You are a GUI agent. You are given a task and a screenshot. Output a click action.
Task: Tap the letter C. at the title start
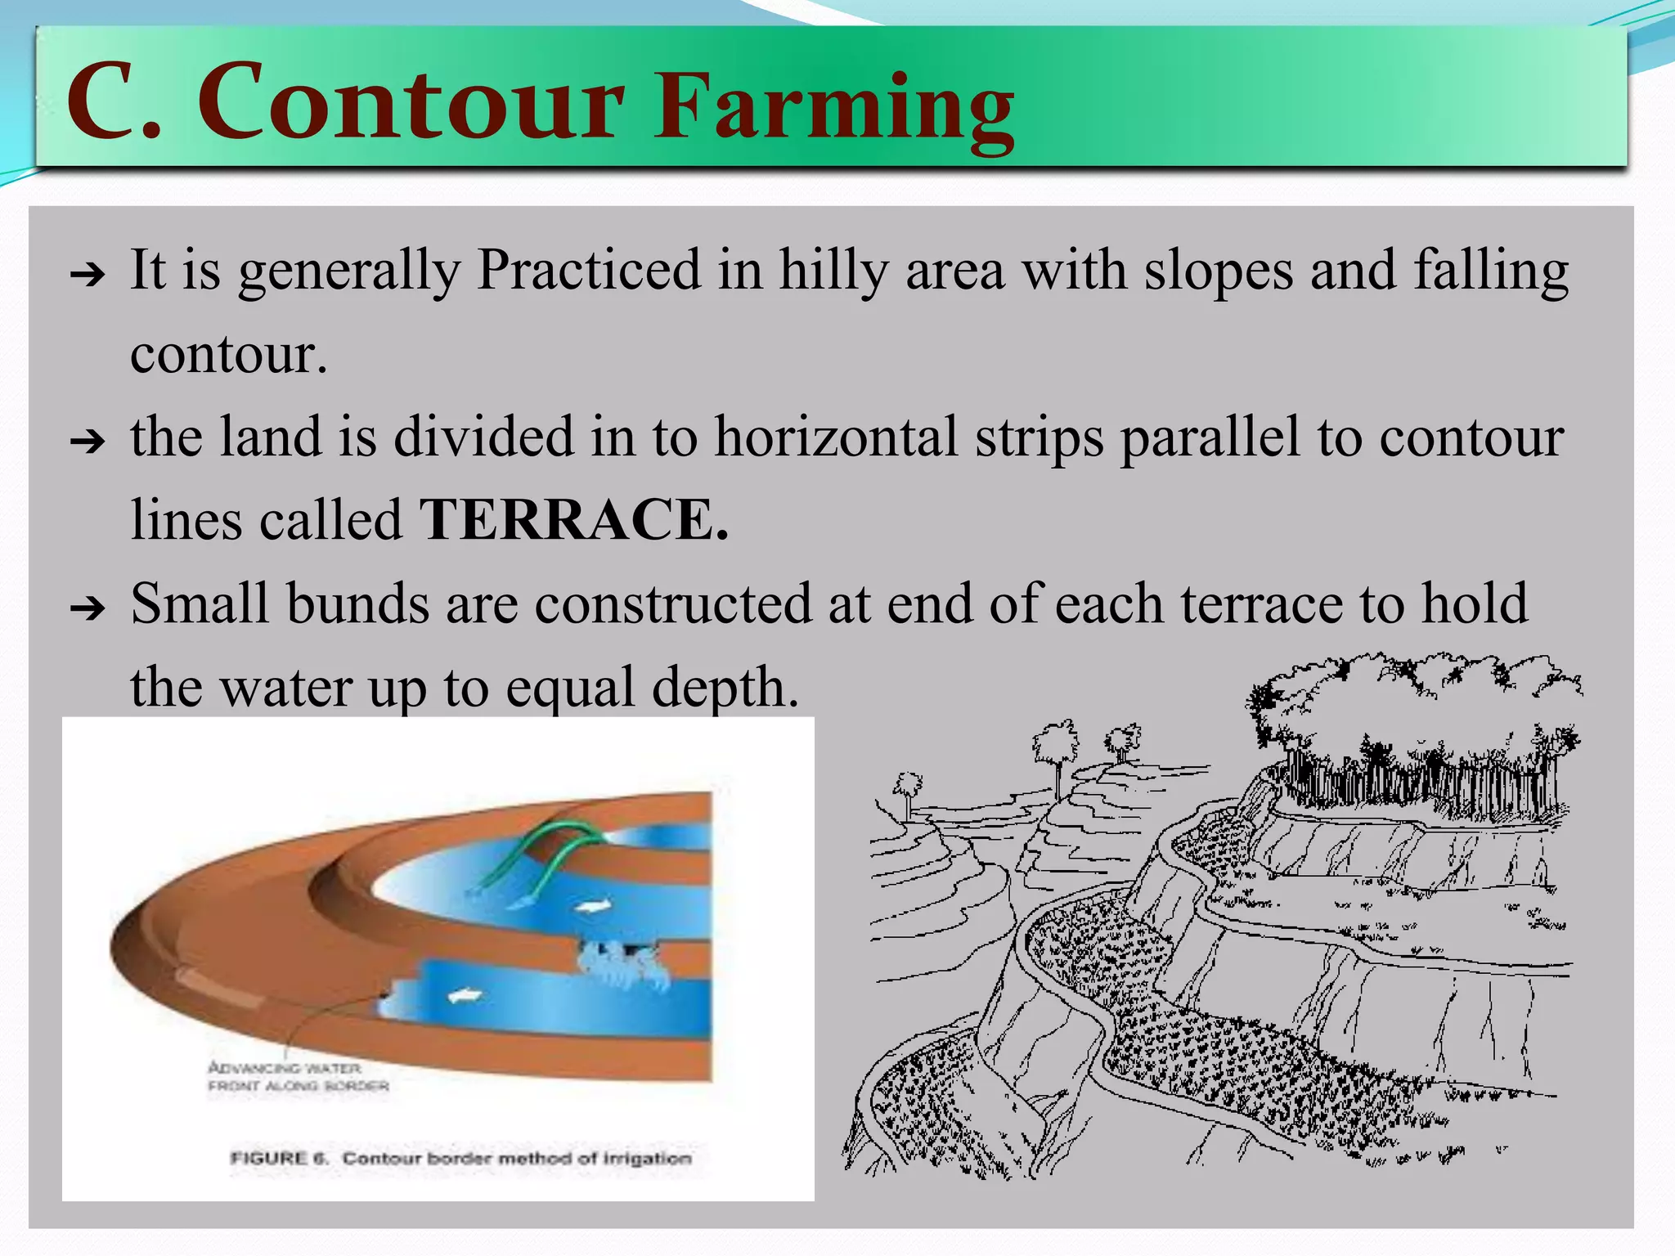click(x=115, y=105)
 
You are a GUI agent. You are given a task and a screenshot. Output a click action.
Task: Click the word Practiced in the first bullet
click(x=589, y=271)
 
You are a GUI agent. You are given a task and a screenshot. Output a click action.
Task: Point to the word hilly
click(x=833, y=271)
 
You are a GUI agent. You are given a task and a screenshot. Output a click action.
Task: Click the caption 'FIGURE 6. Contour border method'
click(x=460, y=1158)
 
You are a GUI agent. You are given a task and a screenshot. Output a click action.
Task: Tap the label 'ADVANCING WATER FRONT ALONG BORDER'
click(x=298, y=1077)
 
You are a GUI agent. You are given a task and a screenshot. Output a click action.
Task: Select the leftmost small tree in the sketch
click(x=907, y=789)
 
